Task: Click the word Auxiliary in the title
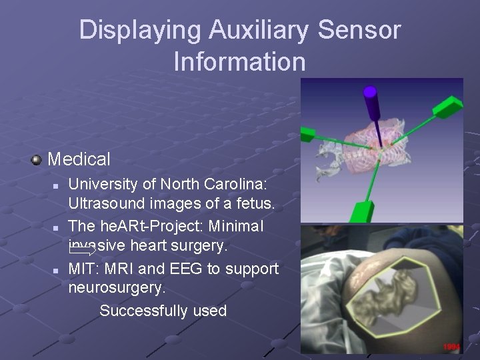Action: pyautogui.click(x=259, y=30)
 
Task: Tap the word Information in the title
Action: pyautogui.click(x=239, y=62)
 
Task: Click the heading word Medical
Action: pyautogui.click(x=79, y=159)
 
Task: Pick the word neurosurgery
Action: pyautogui.click(x=117, y=288)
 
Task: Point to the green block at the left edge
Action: pyautogui.click(x=307, y=135)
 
